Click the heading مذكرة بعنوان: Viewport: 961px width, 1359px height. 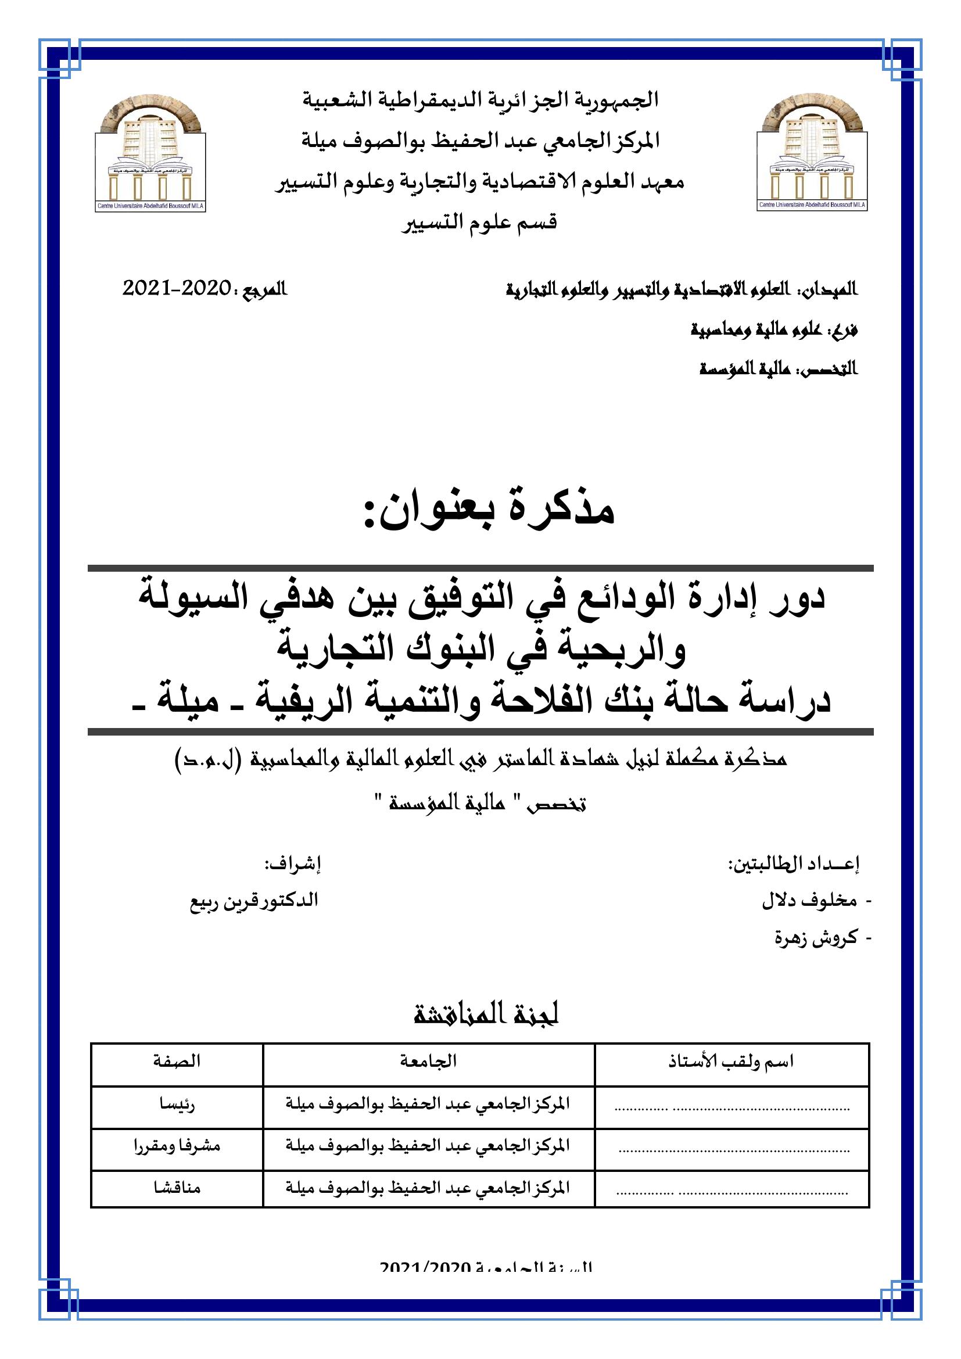point(489,512)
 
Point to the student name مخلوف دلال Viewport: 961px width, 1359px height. point(809,901)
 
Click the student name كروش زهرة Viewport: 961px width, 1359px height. point(816,938)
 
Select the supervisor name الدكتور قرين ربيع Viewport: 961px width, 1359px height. point(254,901)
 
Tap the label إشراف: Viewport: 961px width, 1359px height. point(292,865)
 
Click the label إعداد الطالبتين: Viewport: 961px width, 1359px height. point(793,865)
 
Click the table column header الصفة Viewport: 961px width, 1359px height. point(177,1062)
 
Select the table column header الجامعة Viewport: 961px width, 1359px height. point(428,1062)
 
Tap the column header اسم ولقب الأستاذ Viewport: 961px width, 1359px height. point(731,1062)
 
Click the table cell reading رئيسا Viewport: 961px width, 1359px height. point(177,1104)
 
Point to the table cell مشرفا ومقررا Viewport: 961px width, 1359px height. point(177,1146)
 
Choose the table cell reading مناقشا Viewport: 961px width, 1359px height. point(177,1188)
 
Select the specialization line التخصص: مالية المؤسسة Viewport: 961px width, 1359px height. point(778,370)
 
